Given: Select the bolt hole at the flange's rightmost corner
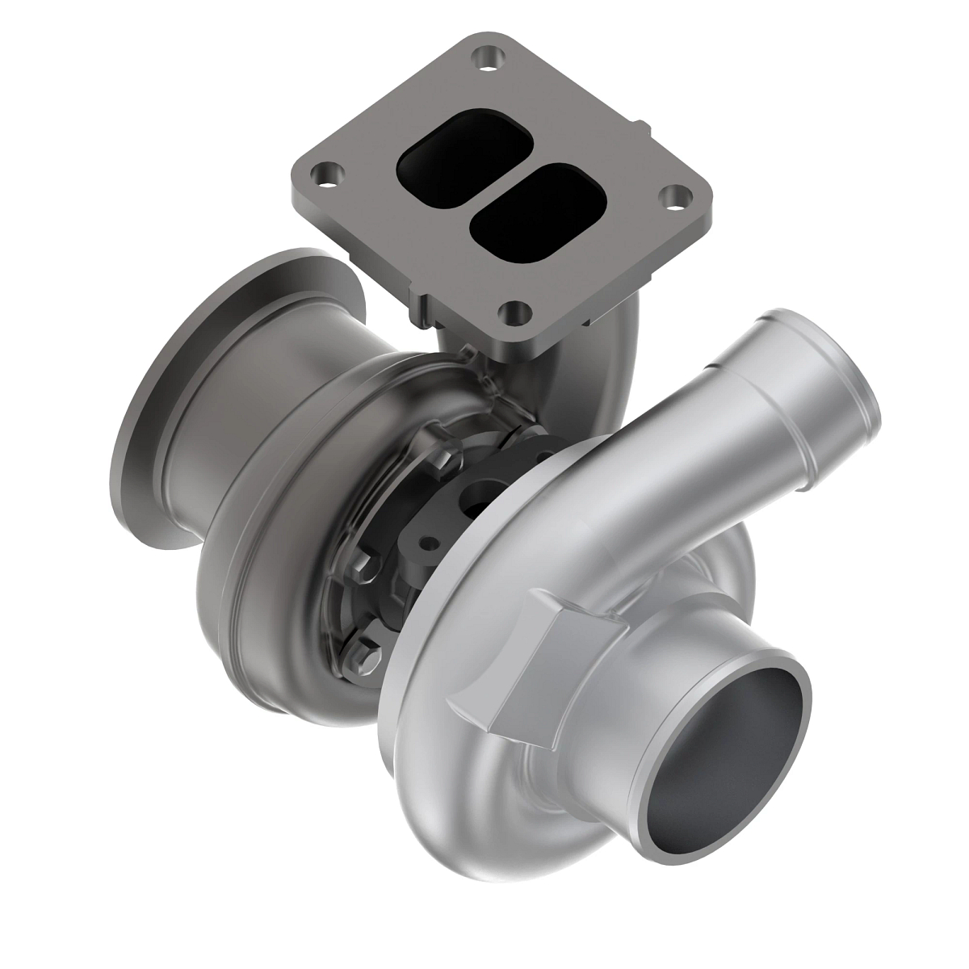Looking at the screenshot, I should [674, 197].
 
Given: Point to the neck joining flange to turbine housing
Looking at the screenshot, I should [468, 339].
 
